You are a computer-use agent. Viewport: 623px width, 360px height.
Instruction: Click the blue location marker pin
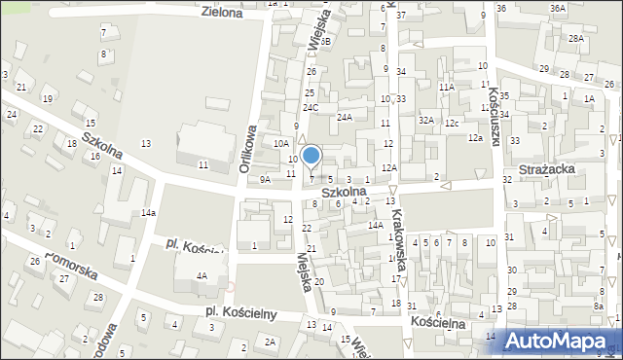click(x=311, y=156)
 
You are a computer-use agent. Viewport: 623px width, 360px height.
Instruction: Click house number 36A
click(x=557, y=8)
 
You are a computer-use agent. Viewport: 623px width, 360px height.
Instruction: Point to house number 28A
click(x=575, y=39)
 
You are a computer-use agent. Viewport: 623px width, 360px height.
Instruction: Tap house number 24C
click(x=311, y=108)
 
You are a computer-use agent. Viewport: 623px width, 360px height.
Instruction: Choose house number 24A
click(x=344, y=117)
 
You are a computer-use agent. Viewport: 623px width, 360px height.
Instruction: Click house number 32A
click(x=425, y=120)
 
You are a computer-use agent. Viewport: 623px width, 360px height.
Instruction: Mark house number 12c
click(x=452, y=124)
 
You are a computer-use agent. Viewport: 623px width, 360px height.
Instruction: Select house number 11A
click(x=446, y=88)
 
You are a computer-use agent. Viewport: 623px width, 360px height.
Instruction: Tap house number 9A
click(x=265, y=179)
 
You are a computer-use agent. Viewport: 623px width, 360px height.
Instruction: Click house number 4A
click(x=202, y=276)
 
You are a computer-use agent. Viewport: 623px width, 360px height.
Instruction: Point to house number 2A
click(x=271, y=342)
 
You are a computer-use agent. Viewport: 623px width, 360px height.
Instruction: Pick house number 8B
click(x=326, y=42)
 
